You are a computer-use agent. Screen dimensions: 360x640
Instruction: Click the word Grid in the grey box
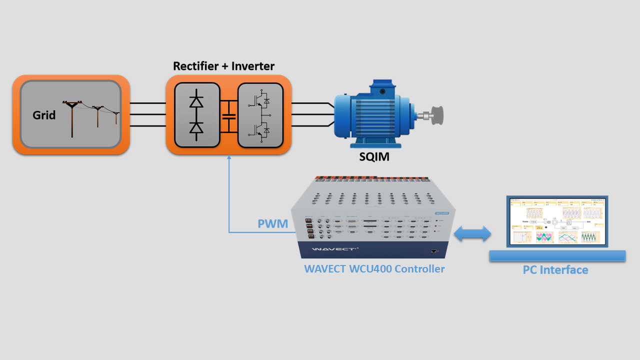(x=44, y=115)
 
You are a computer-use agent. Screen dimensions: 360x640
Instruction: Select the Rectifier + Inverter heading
(x=223, y=66)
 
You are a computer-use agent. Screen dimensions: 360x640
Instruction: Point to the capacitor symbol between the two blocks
(x=229, y=116)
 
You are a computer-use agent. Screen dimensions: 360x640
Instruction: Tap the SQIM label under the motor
(x=374, y=157)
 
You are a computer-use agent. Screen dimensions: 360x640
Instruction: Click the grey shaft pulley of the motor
(x=436, y=115)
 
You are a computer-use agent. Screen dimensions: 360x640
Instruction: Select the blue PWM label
(x=273, y=223)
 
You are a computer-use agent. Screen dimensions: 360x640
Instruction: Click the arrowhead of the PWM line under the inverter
(x=229, y=158)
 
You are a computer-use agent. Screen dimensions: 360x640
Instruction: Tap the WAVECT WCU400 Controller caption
(x=374, y=269)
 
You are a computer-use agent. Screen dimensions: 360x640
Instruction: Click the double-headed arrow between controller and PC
(x=472, y=234)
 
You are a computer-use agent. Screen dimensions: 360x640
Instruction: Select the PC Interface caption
(x=555, y=270)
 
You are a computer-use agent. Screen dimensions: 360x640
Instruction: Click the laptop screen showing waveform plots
(x=557, y=220)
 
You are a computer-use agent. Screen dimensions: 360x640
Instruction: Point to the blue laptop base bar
(x=557, y=256)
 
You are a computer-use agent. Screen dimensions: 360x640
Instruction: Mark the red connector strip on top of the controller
(x=372, y=178)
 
